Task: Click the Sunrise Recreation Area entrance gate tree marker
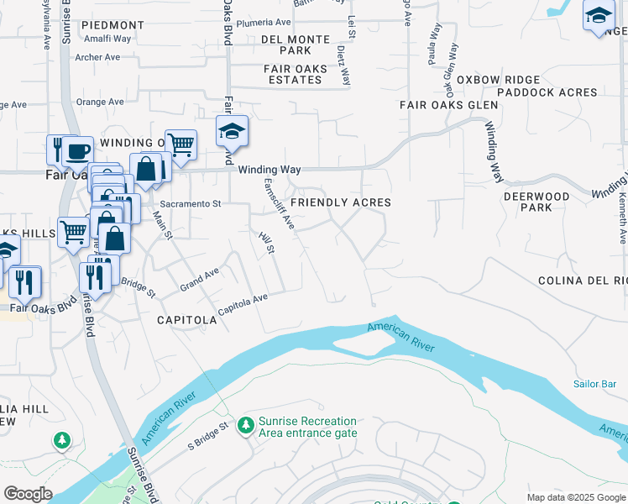[245, 426]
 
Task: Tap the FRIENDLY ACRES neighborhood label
[341, 202]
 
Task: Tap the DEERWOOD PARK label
[536, 202]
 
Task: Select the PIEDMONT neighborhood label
[113, 26]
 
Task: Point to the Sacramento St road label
[190, 203]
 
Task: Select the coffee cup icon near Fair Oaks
[77, 152]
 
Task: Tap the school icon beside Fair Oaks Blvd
[233, 131]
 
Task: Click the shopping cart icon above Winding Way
[181, 144]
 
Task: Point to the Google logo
[28, 494]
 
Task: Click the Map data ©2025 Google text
[576, 497]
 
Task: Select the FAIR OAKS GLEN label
[448, 105]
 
